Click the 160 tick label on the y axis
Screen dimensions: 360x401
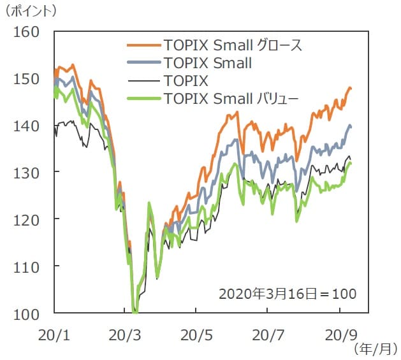click(x=27, y=31)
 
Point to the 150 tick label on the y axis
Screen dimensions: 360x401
click(x=27, y=78)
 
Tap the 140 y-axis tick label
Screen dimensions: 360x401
click(x=27, y=125)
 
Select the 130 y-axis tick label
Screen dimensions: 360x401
click(x=27, y=172)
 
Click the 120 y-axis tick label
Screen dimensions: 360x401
click(x=27, y=219)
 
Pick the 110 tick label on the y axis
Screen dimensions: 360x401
click(x=27, y=266)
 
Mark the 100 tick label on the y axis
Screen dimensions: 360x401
click(x=27, y=313)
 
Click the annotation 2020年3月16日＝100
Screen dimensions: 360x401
click(x=287, y=294)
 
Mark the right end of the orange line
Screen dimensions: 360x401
click(x=351, y=88)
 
